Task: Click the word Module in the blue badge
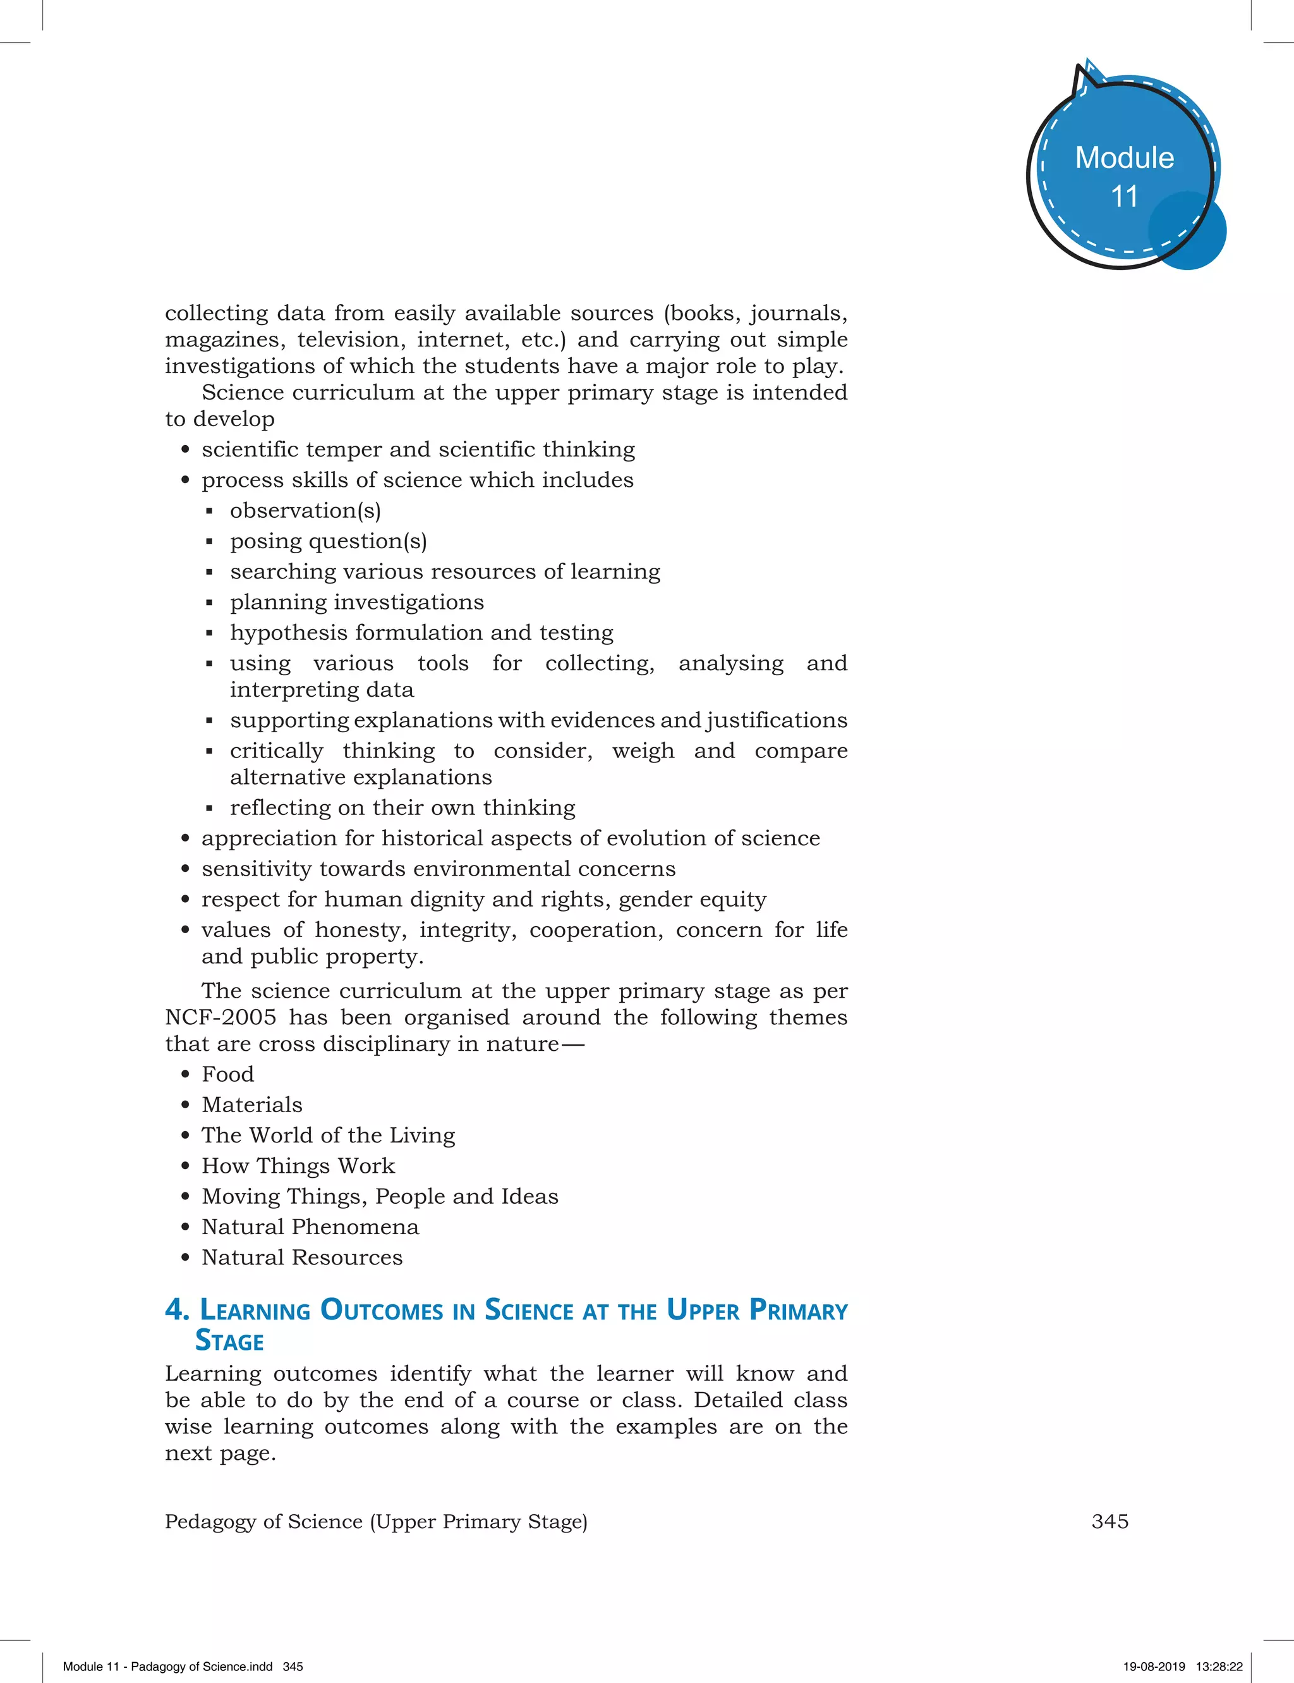click(x=1124, y=158)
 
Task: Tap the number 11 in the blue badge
click(x=1124, y=197)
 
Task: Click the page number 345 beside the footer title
click(x=1110, y=1521)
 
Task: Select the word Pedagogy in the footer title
click(x=210, y=1522)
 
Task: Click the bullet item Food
click(x=227, y=1074)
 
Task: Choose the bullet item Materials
click(x=252, y=1105)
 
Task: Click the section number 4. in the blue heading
click(x=177, y=1309)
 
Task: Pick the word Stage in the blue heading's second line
click(x=229, y=1342)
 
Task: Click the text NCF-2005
click(x=221, y=1017)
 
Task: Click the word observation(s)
click(x=305, y=511)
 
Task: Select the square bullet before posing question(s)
click(x=209, y=542)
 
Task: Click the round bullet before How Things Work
click(x=185, y=1166)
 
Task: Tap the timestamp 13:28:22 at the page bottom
click(x=1219, y=1666)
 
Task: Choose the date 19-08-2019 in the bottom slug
click(x=1154, y=1666)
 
